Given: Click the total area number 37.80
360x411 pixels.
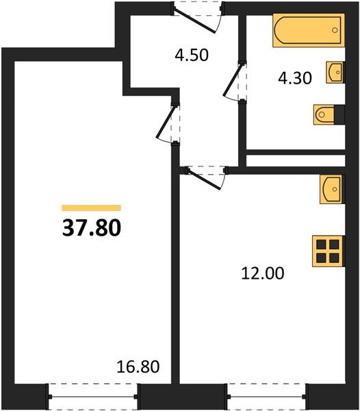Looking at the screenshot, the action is click(x=92, y=227).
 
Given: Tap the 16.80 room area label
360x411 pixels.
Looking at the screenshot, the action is click(x=138, y=366).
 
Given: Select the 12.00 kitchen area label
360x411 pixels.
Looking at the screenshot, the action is click(x=263, y=273).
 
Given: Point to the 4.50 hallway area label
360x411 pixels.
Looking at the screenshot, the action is click(x=192, y=55).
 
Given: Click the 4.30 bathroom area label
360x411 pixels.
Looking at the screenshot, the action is click(x=295, y=78).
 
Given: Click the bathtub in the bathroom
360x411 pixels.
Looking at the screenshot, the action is click(x=309, y=30).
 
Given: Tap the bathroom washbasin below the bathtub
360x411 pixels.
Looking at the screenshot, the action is click(x=335, y=73).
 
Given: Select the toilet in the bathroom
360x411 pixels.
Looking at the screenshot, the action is click(x=329, y=114).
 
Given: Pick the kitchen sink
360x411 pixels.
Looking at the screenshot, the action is click(x=332, y=189).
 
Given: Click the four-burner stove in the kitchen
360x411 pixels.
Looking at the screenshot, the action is click(x=329, y=251).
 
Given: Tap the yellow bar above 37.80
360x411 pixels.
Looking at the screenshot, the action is click(x=92, y=208).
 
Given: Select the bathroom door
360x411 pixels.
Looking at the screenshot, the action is click(x=235, y=81).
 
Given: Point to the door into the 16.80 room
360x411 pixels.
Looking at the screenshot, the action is click(x=168, y=124).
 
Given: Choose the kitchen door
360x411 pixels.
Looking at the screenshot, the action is click(x=207, y=177).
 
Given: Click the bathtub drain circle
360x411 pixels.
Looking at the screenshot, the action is click(x=335, y=30).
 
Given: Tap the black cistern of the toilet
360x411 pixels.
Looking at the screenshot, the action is click(x=339, y=114).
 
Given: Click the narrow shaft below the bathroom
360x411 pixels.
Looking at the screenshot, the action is click(x=296, y=160).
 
